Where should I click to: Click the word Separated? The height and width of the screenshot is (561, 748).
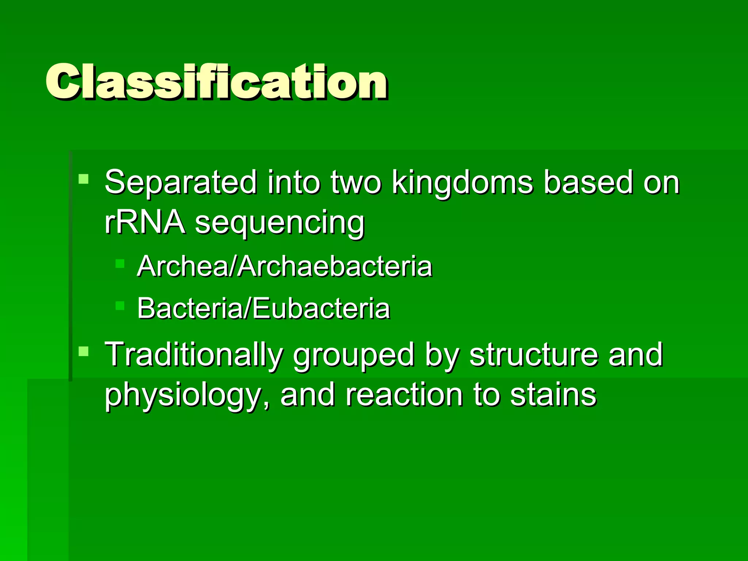[x=181, y=182]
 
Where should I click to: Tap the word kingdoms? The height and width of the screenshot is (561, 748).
[x=462, y=182]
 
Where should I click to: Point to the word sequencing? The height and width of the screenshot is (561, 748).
[x=279, y=224]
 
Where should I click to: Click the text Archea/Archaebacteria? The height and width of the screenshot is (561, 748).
[x=284, y=266]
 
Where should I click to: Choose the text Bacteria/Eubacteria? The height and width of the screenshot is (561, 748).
[x=263, y=309]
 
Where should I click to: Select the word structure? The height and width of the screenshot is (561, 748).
[x=534, y=354]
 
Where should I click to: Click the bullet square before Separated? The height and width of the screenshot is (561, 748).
[x=84, y=179]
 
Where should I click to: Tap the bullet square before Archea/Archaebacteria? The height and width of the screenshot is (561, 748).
[x=120, y=264]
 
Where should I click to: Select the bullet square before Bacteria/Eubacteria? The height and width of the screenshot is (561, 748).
[x=120, y=306]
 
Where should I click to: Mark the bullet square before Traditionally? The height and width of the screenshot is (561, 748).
[x=84, y=351]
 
